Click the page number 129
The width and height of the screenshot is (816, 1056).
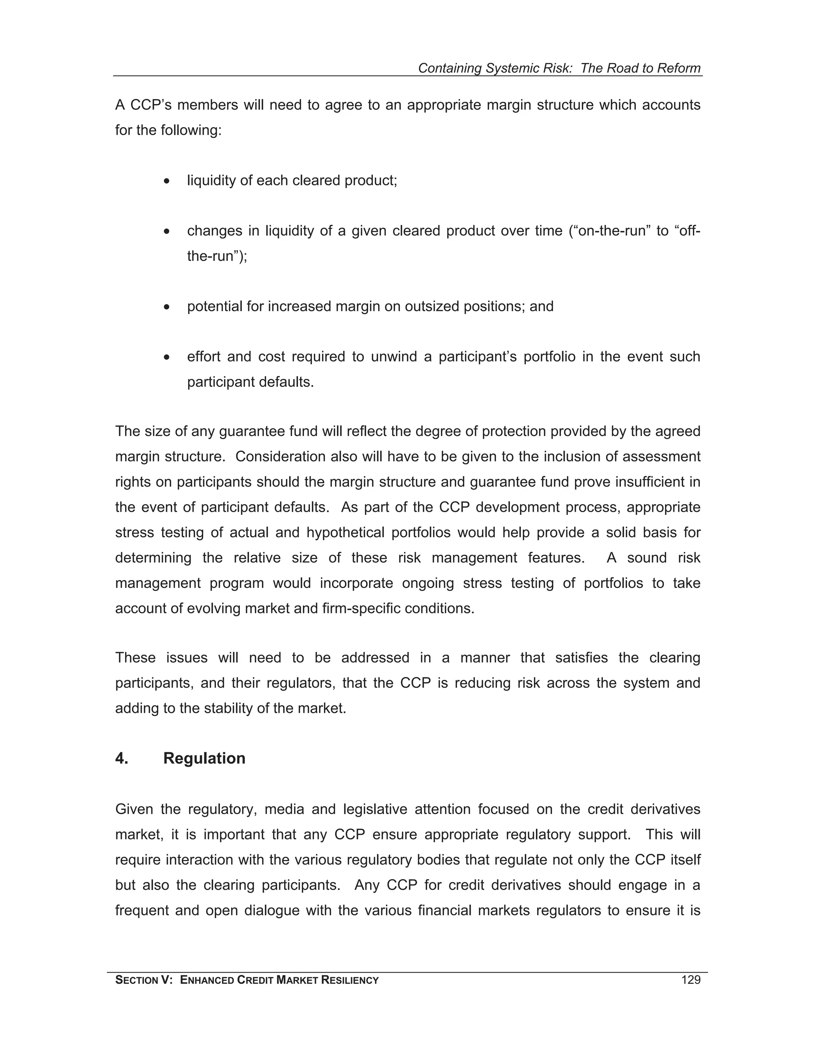click(x=690, y=980)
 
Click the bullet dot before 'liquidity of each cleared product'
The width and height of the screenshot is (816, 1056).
click(x=167, y=181)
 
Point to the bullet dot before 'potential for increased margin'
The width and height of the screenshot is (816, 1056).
click(x=167, y=307)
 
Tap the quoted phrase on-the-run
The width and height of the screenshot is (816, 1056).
click(x=610, y=231)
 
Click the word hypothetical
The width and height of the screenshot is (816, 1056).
click(x=344, y=532)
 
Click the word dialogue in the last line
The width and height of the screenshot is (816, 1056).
click(x=272, y=910)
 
